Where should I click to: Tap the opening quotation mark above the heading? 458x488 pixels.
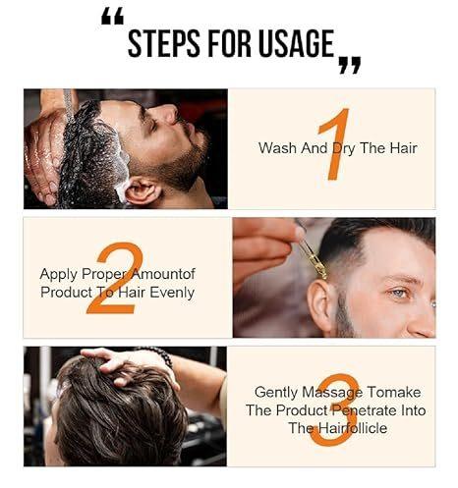coord(113,16)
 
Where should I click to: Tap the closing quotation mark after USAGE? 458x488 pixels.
coord(349,65)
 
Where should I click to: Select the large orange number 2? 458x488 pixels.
coord(115,277)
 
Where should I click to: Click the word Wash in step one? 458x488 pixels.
coord(277,148)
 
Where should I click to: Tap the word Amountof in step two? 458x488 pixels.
coord(163,274)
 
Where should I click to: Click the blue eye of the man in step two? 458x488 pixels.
coord(396,292)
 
